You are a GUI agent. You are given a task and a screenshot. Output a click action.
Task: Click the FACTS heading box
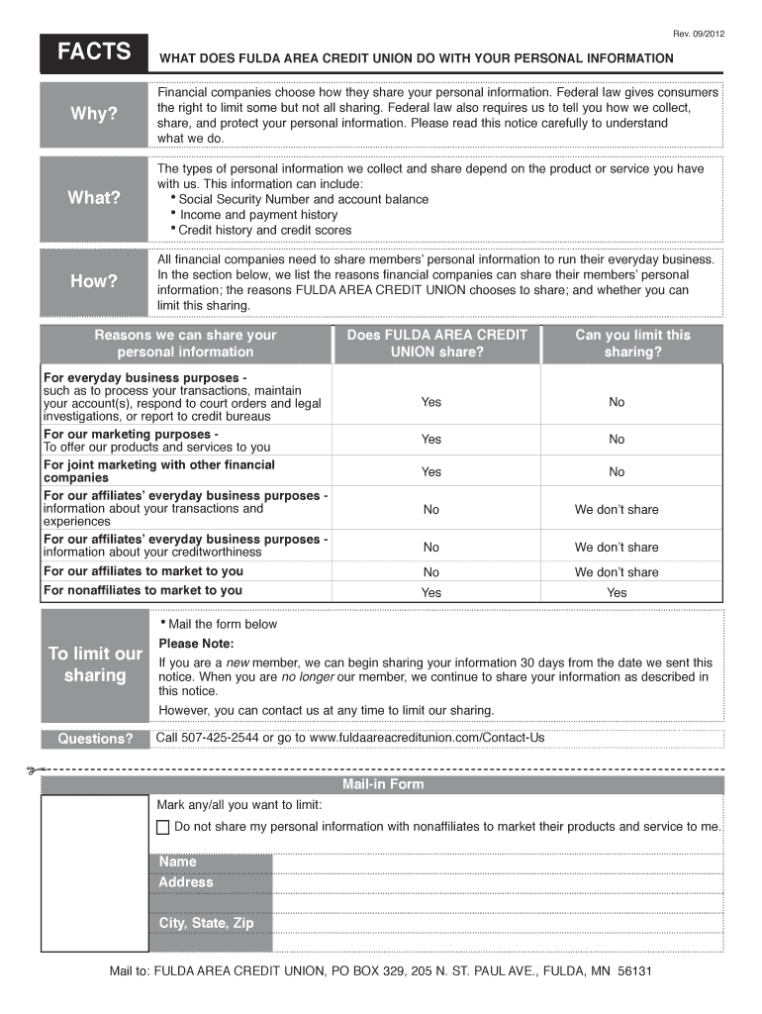coord(93,52)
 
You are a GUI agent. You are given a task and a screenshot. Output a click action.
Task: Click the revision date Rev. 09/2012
coord(697,34)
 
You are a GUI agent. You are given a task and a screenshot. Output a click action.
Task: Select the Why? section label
coord(93,114)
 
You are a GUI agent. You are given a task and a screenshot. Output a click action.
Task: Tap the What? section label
coord(93,198)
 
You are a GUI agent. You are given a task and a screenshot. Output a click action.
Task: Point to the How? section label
coord(93,281)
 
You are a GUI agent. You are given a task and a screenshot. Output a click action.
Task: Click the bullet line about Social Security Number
coord(303,199)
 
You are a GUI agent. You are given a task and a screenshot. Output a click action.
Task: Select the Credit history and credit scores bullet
coord(264,231)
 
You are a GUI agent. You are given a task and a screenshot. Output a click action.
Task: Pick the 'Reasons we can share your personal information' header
coord(185,344)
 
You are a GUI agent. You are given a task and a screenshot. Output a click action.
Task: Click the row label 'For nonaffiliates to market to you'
coord(143,591)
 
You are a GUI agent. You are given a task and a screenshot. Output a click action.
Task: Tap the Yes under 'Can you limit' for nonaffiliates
coord(617,593)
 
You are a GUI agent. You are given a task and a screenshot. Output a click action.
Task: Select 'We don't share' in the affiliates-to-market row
coord(617,572)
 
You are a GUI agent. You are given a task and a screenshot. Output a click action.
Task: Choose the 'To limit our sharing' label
coord(95,664)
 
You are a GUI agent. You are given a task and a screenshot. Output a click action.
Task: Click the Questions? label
coord(95,740)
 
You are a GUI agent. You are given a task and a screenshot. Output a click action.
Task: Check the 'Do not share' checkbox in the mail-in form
coord(163,827)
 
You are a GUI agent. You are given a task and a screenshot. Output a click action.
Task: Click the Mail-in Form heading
coord(383,784)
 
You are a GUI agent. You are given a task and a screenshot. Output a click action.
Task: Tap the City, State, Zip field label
coord(206,923)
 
